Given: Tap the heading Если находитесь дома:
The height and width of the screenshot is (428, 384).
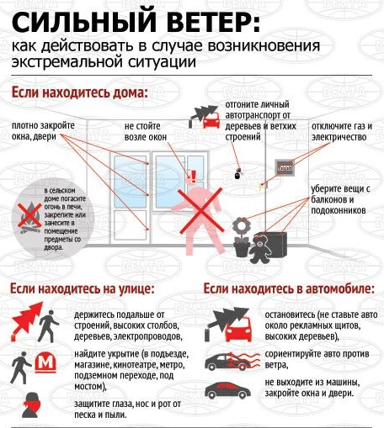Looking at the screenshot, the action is [x=80, y=92].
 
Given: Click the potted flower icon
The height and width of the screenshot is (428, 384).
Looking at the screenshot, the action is [x=242, y=237].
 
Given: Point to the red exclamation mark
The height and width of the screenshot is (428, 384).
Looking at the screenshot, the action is [x=194, y=177].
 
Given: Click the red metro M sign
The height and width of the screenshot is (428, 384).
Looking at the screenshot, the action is [x=45, y=362].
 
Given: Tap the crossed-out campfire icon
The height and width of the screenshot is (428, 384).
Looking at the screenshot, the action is [x=29, y=215].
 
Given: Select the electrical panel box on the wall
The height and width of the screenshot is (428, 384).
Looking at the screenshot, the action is [x=285, y=168].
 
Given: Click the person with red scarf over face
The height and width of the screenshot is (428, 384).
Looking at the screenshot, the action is [x=32, y=404].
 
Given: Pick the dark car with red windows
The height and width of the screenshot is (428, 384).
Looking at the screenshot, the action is [x=227, y=390].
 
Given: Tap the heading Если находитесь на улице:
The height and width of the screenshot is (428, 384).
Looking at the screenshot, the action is [x=83, y=288].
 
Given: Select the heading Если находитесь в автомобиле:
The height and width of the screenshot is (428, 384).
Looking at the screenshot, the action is [x=289, y=288].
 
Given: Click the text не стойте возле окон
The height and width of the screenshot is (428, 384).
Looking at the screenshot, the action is [x=146, y=131].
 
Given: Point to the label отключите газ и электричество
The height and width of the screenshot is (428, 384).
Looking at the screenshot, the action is [x=342, y=131].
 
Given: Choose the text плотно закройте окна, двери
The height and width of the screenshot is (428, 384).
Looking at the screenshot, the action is [x=43, y=131].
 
